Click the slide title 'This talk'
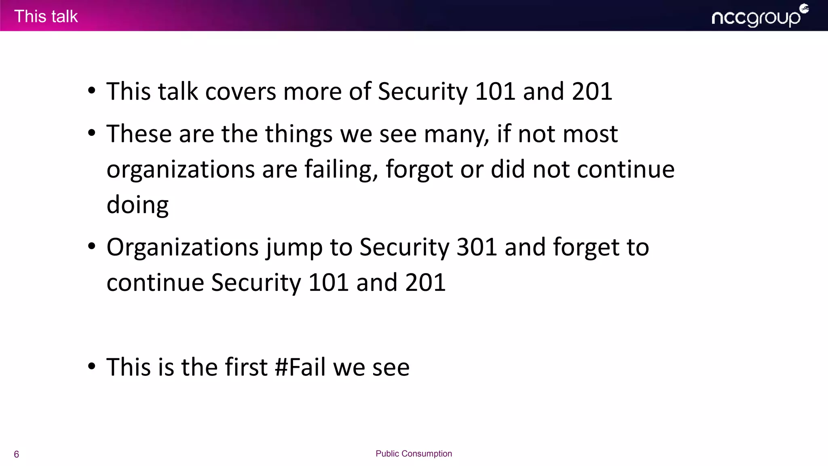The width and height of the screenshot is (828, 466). pos(46,17)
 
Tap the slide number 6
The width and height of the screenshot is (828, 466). pos(17,454)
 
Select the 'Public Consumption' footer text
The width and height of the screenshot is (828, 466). pos(414,453)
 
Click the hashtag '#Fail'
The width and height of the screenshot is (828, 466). pos(300,367)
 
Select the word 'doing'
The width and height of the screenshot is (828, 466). pos(137,205)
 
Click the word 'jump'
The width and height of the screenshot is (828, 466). pos(294,248)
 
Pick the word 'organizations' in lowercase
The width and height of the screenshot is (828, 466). pos(181,170)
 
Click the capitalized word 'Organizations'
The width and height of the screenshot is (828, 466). pos(182,248)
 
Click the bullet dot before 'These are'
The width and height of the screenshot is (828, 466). pos(92,133)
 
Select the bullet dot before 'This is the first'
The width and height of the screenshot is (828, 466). pos(92,366)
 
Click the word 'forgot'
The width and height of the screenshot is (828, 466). pos(419,170)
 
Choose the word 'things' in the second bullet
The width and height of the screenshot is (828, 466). pos(299,134)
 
